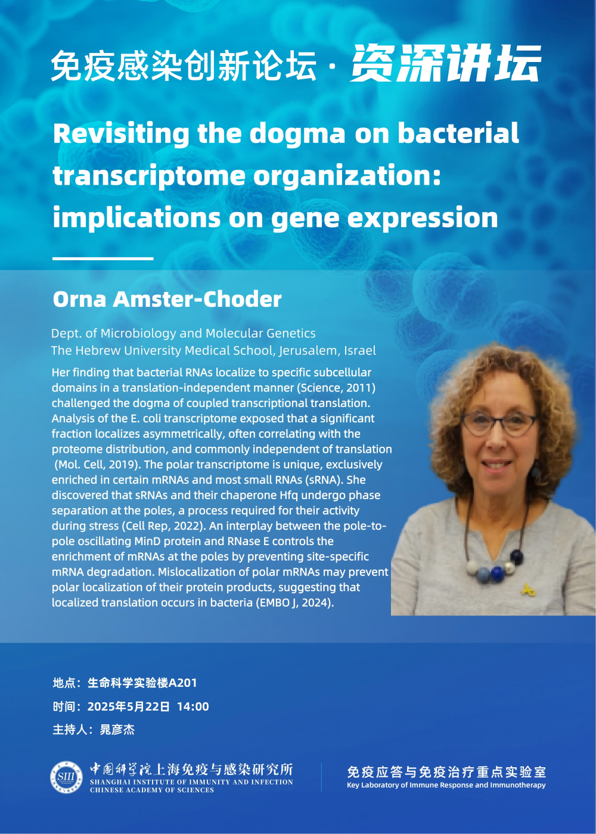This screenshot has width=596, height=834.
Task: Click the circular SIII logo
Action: click(66, 777)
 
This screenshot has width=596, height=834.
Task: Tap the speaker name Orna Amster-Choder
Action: click(167, 299)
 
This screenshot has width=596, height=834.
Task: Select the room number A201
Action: click(183, 683)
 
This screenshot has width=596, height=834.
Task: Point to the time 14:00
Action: click(193, 707)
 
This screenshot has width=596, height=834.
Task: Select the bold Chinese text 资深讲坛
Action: click(446, 63)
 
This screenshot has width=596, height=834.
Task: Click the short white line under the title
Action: click(103, 258)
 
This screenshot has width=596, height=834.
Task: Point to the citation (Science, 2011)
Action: click(336, 388)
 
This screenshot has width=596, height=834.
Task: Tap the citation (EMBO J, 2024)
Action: click(294, 602)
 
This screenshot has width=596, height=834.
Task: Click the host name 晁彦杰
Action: click(117, 729)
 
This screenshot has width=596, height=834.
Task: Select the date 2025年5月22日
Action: click(129, 707)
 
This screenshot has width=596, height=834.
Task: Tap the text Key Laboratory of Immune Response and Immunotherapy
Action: click(446, 785)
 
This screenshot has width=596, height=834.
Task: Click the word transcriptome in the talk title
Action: click(150, 176)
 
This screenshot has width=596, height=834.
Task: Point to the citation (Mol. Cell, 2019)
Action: click(97, 464)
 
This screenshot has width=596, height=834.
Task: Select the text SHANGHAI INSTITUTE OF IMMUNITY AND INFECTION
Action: click(191, 782)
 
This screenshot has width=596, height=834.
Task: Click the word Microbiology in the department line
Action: click(148, 334)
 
